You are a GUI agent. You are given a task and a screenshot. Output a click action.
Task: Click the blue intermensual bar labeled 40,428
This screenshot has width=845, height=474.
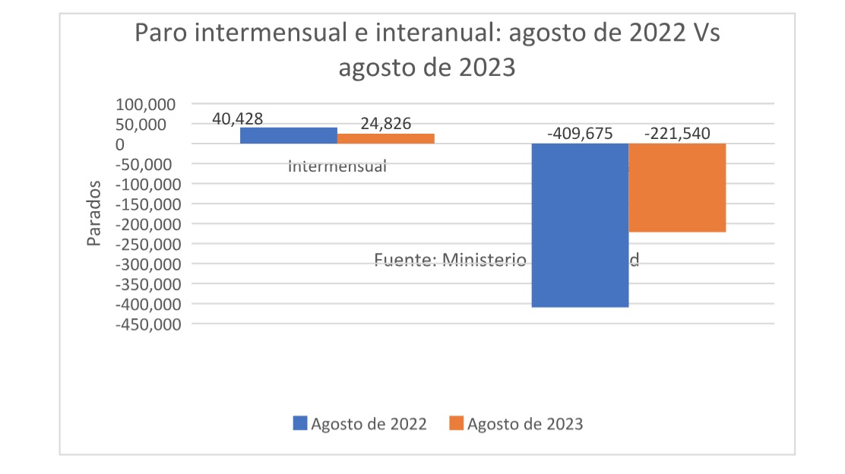tap(289, 135)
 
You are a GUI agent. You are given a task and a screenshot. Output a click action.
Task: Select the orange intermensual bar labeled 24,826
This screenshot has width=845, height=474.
tap(386, 138)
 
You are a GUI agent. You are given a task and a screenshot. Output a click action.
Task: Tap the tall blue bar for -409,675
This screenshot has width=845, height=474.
tap(580, 225)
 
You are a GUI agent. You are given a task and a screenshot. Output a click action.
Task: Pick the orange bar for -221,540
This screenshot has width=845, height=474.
tap(677, 188)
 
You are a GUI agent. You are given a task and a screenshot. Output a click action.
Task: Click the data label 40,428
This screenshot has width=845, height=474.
tap(238, 119)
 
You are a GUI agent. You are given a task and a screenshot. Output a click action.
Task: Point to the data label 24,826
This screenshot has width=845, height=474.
tap(386, 124)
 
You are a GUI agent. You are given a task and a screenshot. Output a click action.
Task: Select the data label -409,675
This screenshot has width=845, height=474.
tap(580, 134)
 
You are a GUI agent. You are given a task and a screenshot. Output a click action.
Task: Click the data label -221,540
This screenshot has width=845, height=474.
tap(677, 134)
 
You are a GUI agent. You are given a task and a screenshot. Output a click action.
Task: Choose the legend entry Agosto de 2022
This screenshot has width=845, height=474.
tap(360, 424)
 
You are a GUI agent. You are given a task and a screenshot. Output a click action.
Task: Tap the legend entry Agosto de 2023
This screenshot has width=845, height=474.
tap(517, 424)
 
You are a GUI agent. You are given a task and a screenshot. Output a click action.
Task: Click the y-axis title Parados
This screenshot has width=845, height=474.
tap(93, 213)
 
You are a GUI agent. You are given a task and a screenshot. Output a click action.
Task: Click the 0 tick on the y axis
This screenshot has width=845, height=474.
tap(119, 144)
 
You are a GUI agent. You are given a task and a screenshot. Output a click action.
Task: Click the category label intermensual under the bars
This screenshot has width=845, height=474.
tap(337, 166)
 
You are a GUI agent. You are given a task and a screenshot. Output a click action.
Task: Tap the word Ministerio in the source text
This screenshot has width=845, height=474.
tap(484, 261)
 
